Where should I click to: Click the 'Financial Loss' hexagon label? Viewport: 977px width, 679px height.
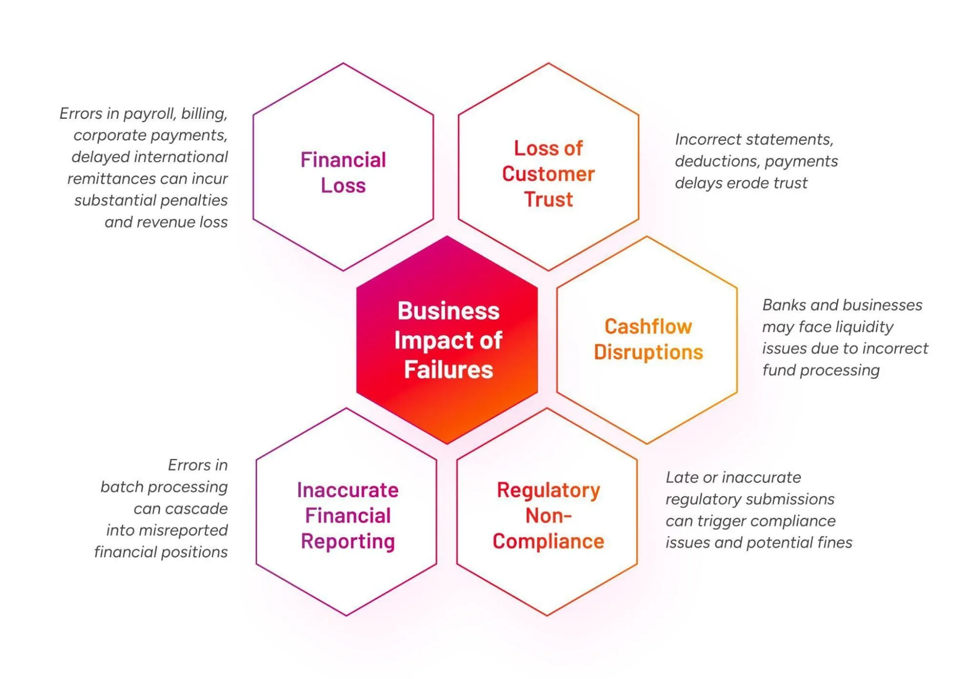point(343,173)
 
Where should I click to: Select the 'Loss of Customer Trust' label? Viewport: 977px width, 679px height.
point(548,174)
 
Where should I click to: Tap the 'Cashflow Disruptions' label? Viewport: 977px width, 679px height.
point(648,339)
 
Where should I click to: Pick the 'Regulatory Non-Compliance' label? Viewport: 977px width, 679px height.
point(548,516)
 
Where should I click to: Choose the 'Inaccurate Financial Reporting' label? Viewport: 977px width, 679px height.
point(347,516)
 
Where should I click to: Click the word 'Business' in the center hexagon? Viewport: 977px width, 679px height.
point(449,311)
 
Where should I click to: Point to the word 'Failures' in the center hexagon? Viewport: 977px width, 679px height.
point(449,370)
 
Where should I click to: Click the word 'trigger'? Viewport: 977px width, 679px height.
point(721,521)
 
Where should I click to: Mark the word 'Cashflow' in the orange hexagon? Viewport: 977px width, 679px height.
point(648,327)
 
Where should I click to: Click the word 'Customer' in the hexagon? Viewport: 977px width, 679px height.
point(548,174)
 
